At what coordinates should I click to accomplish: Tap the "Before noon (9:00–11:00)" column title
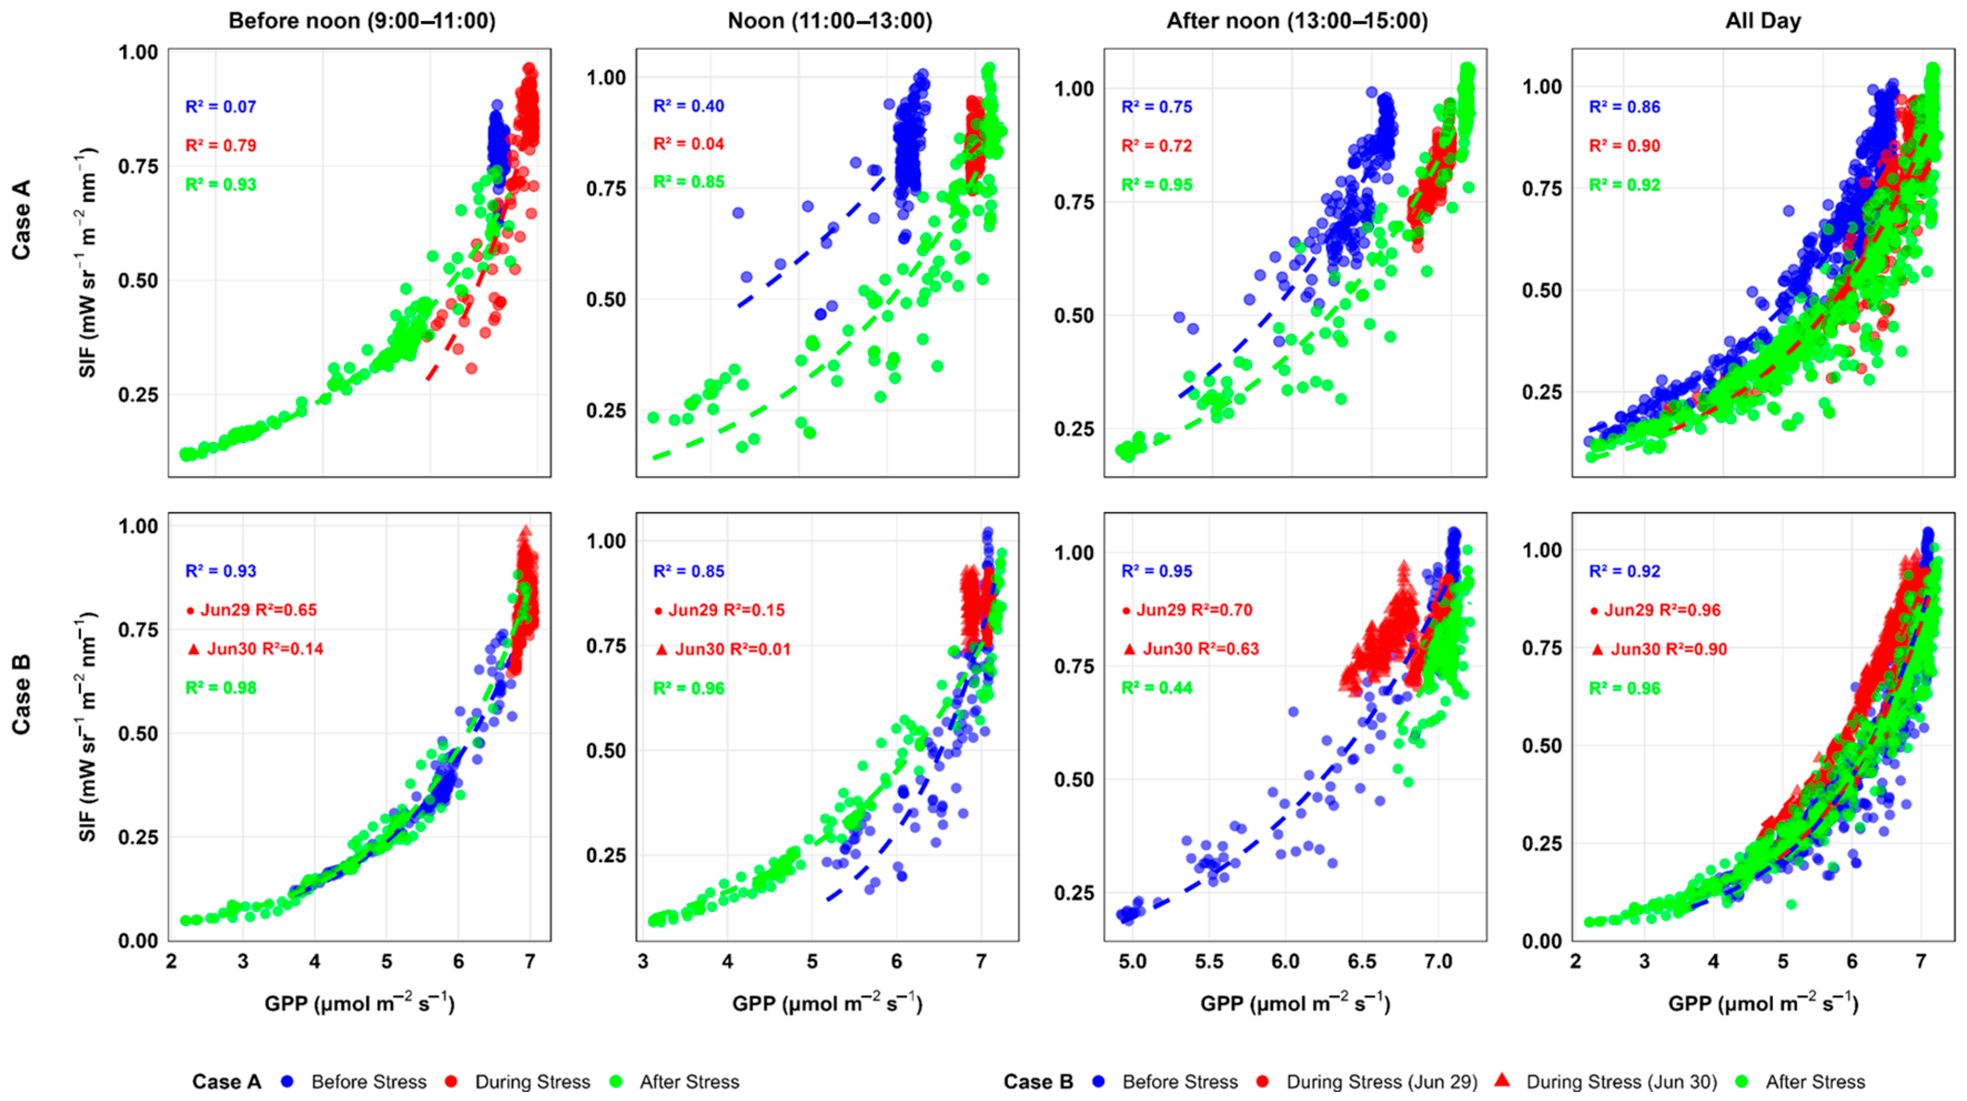pyautogui.click(x=362, y=21)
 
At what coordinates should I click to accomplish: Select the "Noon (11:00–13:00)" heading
pyautogui.click(x=830, y=21)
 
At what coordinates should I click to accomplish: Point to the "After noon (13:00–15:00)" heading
pyautogui.click(x=1297, y=21)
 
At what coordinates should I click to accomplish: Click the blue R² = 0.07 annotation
pyautogui.click(x=221, y=107)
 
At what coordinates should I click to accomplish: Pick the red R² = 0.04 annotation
pyautogui.click(x=688, y=144)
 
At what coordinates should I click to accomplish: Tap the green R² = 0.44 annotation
pyautogui.click(x=1156, y=688)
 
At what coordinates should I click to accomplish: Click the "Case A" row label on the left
pyautogui.click(x=22, y=220)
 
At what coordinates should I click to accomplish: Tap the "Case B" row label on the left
pyautogui.click(x=22, y=695)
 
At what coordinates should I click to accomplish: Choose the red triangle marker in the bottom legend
pyautogui.click(x=1502, y=1079)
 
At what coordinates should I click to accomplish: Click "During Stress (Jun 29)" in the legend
pyautogui.click(x=1381, y=1082)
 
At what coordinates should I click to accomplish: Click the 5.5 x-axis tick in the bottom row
pyautogui.click(x=1208, y=961)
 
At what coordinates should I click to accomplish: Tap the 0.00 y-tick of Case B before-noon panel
pyautogui.click(x=138, y=941)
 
